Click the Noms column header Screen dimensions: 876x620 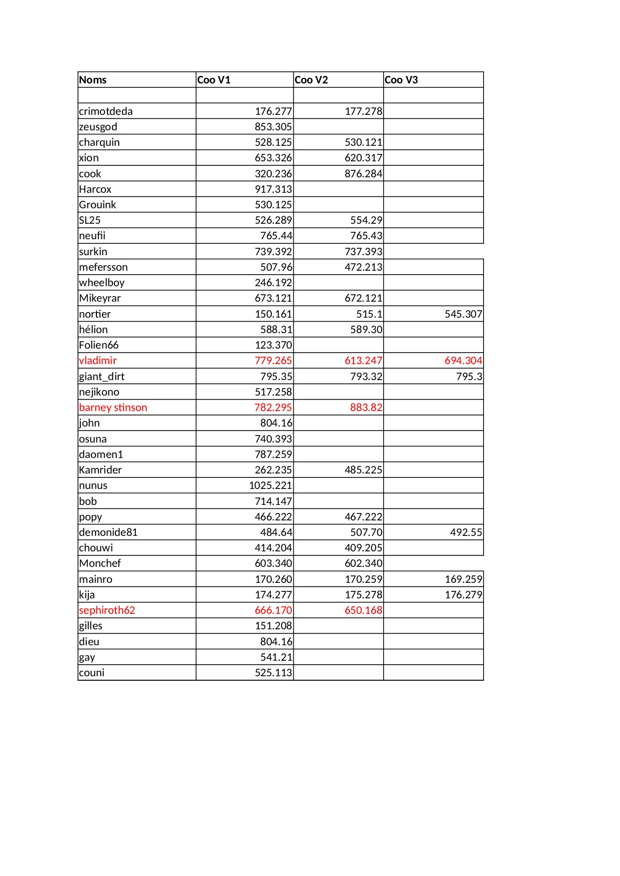point(93,80)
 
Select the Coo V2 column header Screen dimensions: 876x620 point(311,80)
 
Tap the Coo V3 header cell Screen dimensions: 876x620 point(401,80)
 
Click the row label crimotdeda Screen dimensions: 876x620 point(106,111)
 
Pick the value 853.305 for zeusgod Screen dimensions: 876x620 point(273,127)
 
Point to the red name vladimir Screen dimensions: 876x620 point(98,361)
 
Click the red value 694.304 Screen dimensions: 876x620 point(463,361)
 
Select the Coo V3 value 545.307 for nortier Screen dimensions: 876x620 point(463,314)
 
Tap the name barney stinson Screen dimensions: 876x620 point(113,408)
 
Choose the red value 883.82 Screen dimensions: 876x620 point(366,408)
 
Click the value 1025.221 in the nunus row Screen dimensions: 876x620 point(270,485)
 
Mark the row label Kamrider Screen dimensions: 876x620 point(100,470)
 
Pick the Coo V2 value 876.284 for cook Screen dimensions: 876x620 point(363,174)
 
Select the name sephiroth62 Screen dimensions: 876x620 point(107,610)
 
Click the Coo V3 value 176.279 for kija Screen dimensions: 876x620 point(463,595)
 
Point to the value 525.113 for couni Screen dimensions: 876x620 point(273,673)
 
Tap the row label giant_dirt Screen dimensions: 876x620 point(102,377)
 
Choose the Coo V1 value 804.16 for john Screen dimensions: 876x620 point(276,423)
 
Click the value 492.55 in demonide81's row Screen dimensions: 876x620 point(466,532)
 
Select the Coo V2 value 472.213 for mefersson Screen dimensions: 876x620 point(363,267)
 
